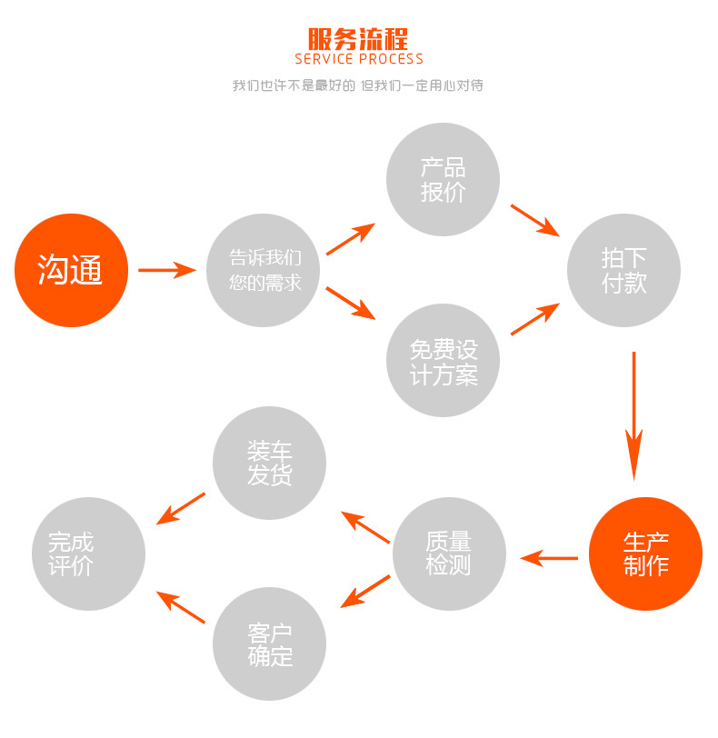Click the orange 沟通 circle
pos(71,270)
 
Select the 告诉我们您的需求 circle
pos(264,270)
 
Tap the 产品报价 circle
pos(443,180)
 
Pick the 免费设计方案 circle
pos(443,361)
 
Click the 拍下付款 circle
pos(623,270)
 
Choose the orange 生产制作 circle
pos(645,554)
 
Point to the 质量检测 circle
pos(448,553)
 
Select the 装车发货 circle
pos(269,463)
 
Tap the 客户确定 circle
pos(269,644)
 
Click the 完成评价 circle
pos(88,553)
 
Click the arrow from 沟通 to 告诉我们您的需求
pos(167,270)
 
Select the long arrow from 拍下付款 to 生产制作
pos(633,414)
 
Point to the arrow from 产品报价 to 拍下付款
pos(534,220)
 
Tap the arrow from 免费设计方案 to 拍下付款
pos(534,320)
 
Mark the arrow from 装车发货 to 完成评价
pos(181,509)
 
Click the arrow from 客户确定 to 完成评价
pos(181,606)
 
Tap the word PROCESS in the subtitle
pos(391,60)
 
